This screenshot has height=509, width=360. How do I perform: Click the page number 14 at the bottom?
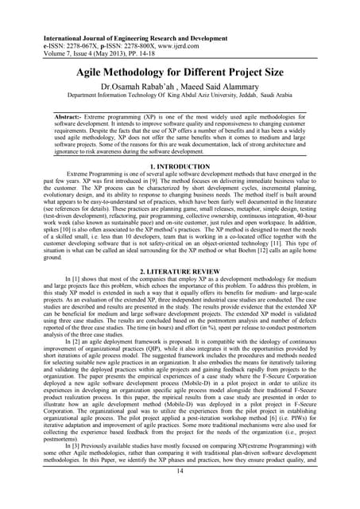point(180,493)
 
